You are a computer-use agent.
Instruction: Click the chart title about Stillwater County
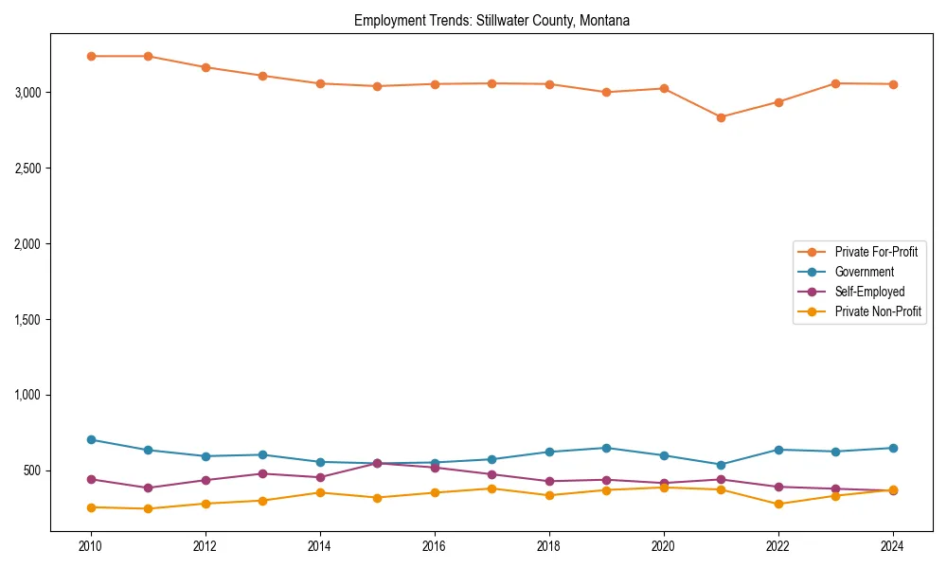tap(491, 20)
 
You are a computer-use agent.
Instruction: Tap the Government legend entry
tap(864, 272)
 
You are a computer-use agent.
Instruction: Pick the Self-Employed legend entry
tap(869, 292)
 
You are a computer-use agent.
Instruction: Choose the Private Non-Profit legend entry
tap(878, 311)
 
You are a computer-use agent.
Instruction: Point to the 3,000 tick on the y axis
tap(27, 93)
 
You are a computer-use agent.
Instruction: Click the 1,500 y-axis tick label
tap(27, 320)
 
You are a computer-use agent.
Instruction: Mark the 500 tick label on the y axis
tap(32, 470)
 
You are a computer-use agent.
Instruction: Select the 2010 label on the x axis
tap(91, 546)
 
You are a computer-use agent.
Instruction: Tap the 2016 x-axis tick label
tap(435, 546)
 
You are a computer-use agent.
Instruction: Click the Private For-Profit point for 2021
tap(721, 117)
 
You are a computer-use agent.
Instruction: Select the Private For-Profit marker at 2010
tap(91, 56)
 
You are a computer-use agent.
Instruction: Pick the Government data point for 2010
tap(91, 439)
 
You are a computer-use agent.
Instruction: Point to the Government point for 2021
tap(721, 465)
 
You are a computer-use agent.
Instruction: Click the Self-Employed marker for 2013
tap(263, 473)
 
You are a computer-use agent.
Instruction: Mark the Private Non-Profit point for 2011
tap(149, 508)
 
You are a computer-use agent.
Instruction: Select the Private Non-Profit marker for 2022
tap(778, 504)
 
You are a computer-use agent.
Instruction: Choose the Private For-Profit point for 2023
tap(835, 83)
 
